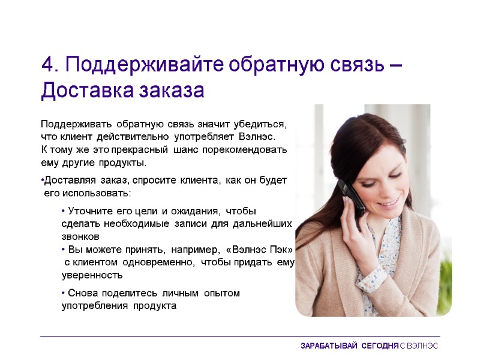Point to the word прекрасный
tap(144, 149)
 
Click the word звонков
tap(80, 236)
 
